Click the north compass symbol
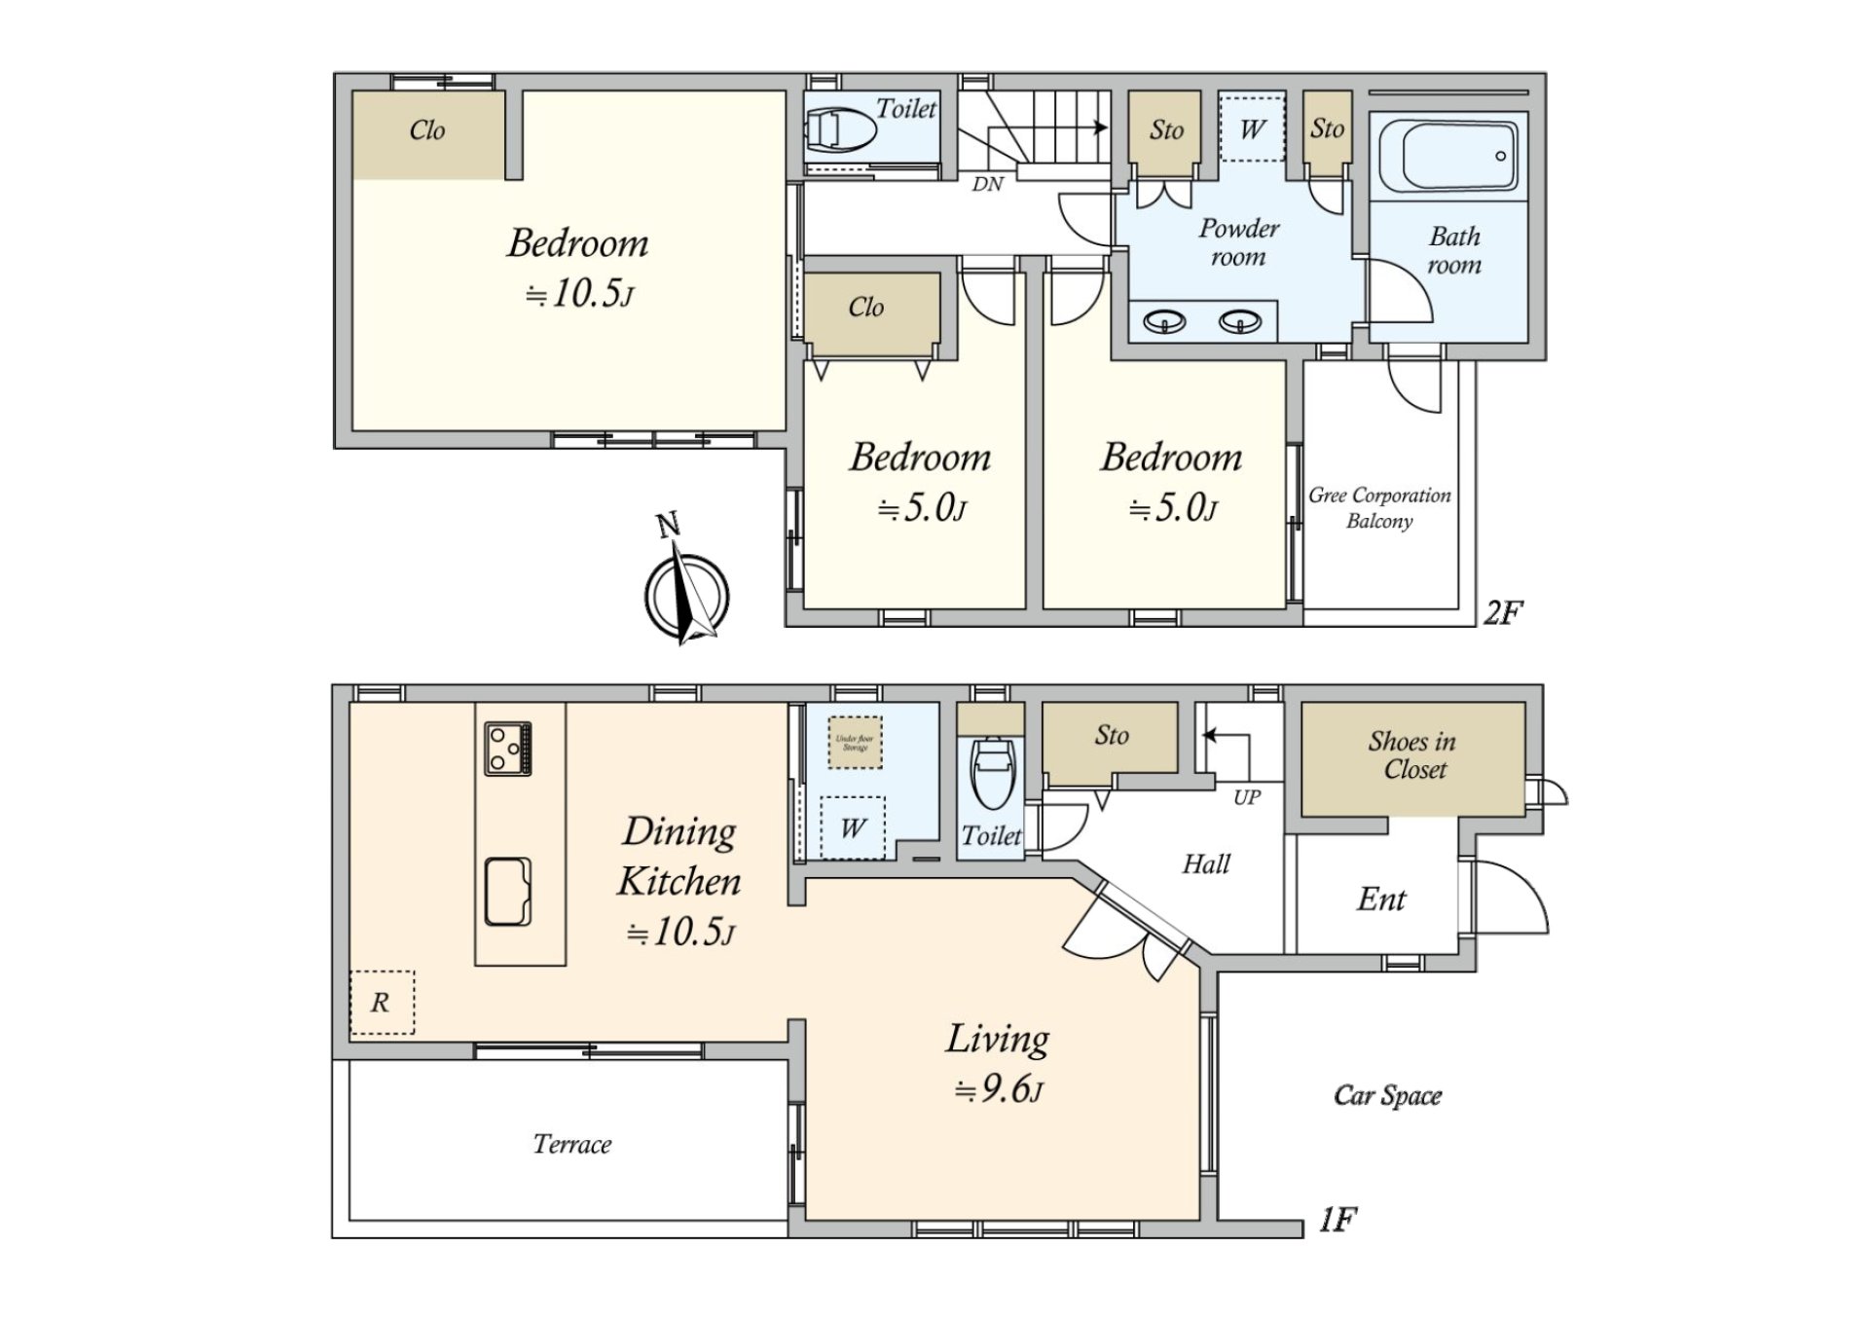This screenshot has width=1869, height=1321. (x=687, y=594)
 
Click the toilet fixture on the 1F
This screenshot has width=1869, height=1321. (x=992, y=774)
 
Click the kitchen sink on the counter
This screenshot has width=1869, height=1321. (x=508, y=891)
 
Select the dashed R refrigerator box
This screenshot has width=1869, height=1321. (x=382, y=1002)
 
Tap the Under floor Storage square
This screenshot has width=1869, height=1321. (x=855, y=743)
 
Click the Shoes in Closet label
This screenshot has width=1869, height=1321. (x=1412, y=755)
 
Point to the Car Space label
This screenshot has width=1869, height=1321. (x=1387, y=1096)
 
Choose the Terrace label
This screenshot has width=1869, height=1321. (x=572, y=1144)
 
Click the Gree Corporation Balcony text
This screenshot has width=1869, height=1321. (x=1379, y=507)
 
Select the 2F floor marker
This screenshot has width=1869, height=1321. (x=1502, y=612)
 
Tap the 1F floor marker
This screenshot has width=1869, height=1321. (x=1338, y=1220)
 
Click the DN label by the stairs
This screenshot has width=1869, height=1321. (x=987, y=184)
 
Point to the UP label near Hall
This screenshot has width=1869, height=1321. (x=1247, y=797)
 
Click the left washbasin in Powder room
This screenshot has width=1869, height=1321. (x=1164, y=321)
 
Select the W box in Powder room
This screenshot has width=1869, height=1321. (x=1252, y=128)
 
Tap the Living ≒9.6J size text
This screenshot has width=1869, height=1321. (x=999, y=1089)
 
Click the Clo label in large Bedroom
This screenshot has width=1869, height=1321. (x=427, y=130)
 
